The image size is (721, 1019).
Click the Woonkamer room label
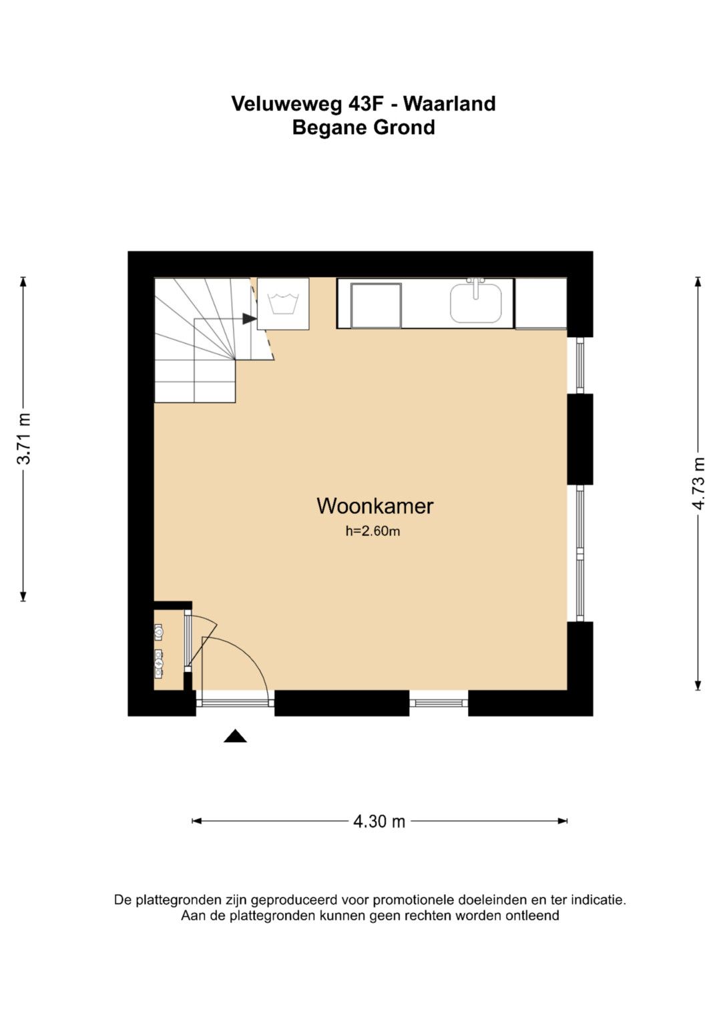click(x=375, y=506)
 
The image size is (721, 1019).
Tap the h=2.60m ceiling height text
click(x=373, y=531)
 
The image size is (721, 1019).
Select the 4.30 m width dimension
click(x=379, y=821)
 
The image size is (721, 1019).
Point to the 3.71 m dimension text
click(x=23, y=438)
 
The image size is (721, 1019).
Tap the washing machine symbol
click(x=283, y=304)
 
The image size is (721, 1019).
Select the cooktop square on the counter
click(x=376, y=305)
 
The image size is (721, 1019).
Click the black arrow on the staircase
click(x=250, y=318)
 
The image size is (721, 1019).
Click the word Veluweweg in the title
click(x=287, y=103)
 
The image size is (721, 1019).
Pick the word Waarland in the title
click(x=449, y=103)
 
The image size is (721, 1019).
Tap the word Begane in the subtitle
click(x=330, y=127)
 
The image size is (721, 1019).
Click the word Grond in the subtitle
click(x=404, y=127)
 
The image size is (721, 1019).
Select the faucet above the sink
click(x=476, y=288)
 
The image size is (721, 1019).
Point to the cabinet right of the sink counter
click(x=541, y=304)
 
